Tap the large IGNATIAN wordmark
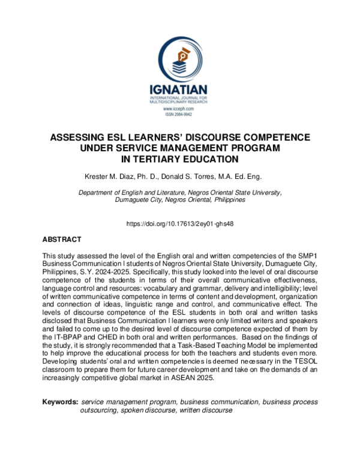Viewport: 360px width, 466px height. (x=180, y=90)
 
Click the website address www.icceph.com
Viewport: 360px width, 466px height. (x=180, y=109)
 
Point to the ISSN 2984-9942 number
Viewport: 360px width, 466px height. (x=180, y=114)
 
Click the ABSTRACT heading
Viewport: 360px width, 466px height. (x=62, y=239)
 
